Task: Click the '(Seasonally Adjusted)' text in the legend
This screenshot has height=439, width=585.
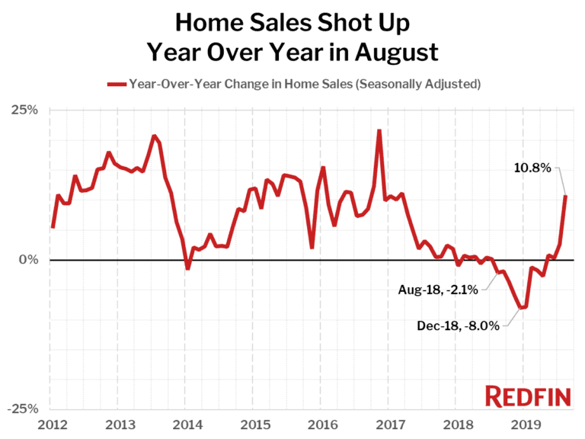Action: click(419, 84)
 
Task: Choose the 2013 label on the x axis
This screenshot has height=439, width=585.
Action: click(117, 424)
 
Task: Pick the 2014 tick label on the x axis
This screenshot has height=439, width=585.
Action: click(186, 424)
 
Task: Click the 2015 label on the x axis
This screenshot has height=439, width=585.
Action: click(254, 424)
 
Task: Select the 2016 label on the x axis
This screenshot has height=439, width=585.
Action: click(324, 424)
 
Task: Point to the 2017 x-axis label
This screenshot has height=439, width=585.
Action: click(393, 424)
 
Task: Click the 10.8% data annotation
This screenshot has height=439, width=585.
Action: click(532, 168)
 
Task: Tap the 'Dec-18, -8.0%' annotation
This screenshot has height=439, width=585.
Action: click(458, 325)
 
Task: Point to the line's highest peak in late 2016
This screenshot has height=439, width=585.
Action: click(379, 131)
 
